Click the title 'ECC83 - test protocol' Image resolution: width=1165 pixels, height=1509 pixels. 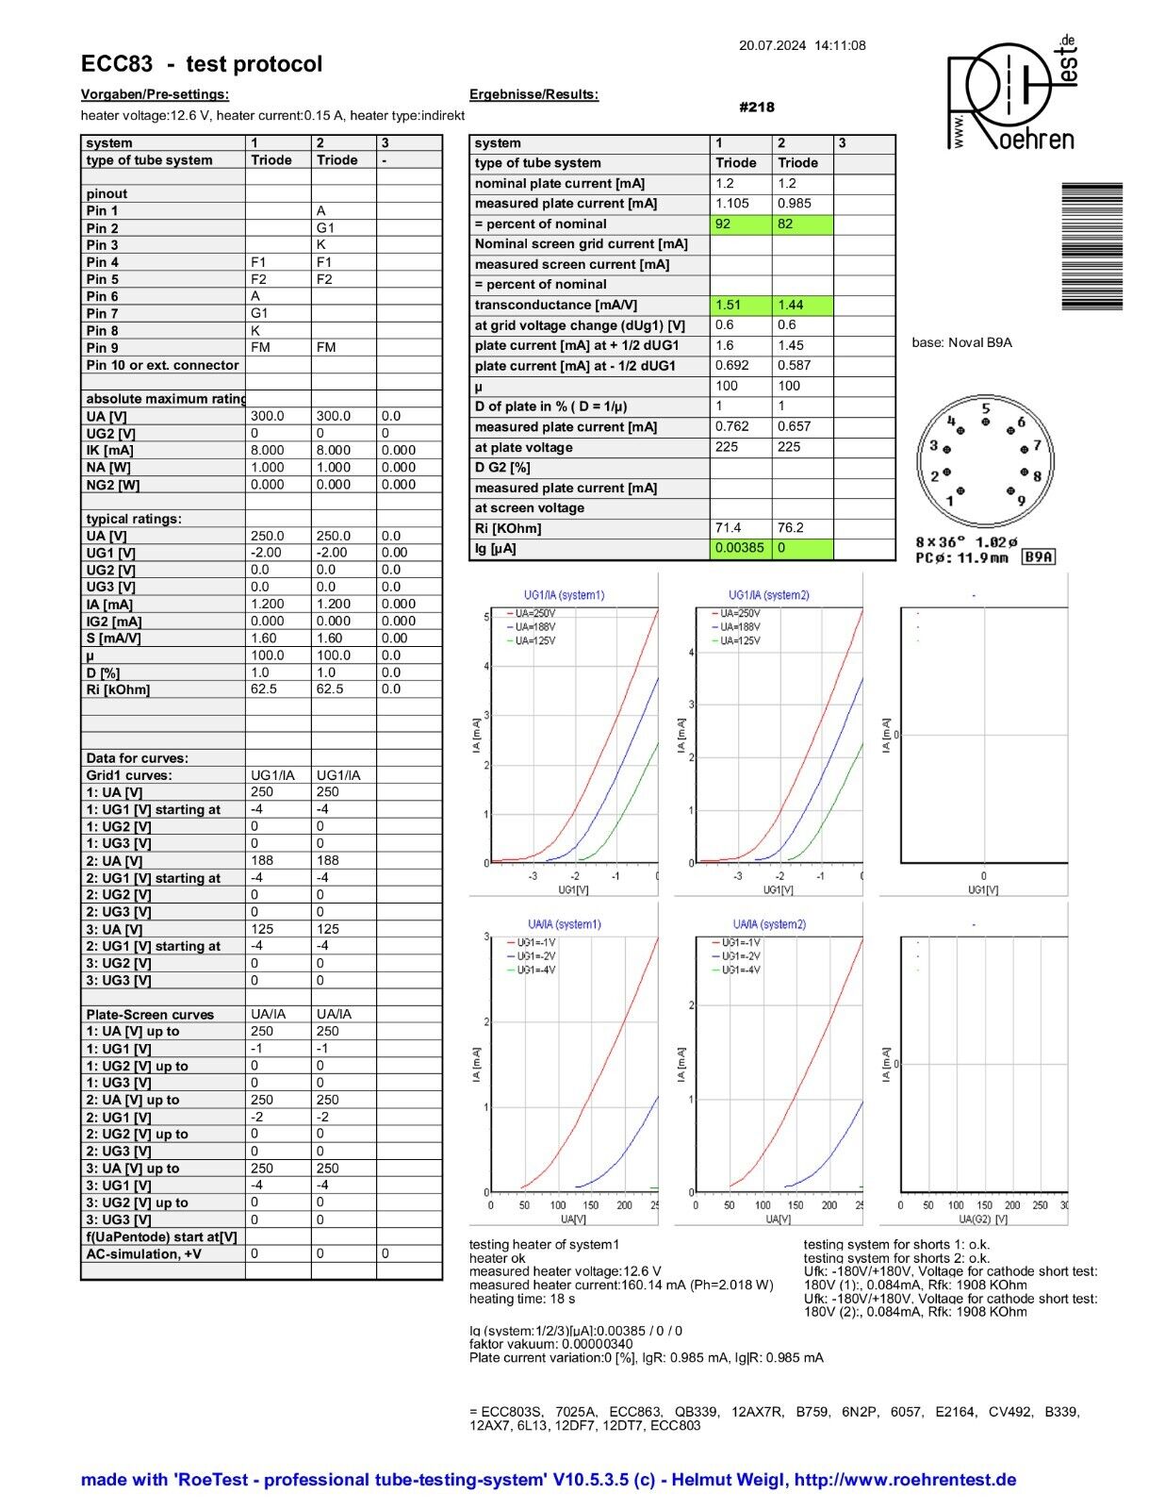pyautogui.click(x=202, y=64)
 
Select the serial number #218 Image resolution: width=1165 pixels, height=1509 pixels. pyautogui.click(x=757, y=108)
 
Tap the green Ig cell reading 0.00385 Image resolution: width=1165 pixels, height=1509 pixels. pyautogui.click(x=741, y=548)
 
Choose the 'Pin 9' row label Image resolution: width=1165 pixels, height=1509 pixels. pyautogui.click(x=103, y=348)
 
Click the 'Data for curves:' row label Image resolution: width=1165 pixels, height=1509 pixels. pyautogui.click(x=138, y=758)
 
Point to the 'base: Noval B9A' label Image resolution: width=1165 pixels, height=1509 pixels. pyautogui.click(x=961, y=342)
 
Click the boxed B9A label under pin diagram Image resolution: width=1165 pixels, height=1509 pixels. pyautogui.click(x=1039, y=557)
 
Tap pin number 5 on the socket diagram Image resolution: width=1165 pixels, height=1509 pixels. pyautogui.click(x=986, y=409)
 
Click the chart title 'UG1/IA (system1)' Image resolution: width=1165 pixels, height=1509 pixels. pyautogui.click(x=564, y=595)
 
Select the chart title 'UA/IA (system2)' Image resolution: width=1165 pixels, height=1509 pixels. pyautogui.click(x=769, y=924)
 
